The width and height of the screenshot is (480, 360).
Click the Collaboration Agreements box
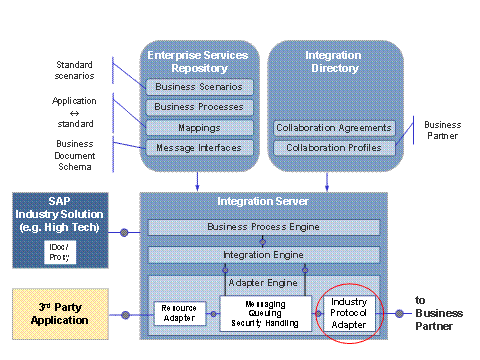[334, 128]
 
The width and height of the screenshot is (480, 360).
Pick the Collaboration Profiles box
[334, 148]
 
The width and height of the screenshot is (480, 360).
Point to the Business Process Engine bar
[265, 228]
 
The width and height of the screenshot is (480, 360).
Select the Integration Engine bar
[265, 255]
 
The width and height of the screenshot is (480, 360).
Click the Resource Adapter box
[179, 314]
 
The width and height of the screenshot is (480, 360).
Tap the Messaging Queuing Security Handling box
[260, 313]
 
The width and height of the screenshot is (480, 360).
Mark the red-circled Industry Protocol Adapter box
[349, 313]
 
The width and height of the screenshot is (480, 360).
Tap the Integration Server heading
[265, 203]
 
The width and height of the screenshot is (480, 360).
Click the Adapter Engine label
[265, 283]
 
